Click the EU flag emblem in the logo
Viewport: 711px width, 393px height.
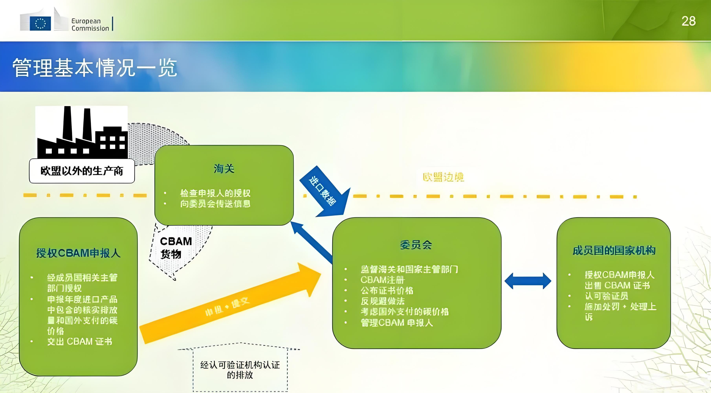coord(40,23)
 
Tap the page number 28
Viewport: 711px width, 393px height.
coord(688,21)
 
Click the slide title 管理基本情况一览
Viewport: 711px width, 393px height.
coord(94,68)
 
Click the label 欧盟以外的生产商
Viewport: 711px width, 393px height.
coord(82,171)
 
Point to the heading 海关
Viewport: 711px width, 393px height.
coord(224,168)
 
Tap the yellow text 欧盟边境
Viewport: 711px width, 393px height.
coord(443,177)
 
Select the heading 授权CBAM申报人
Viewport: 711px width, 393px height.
coord(78,253)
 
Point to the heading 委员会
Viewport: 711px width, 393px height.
coord(416,245)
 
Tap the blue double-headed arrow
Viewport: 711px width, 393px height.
coord(528,281)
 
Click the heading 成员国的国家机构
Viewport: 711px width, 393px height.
coord(614,251)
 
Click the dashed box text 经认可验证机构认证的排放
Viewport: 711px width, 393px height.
coord(240,370)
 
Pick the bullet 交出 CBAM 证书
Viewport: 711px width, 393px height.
coord(80,342)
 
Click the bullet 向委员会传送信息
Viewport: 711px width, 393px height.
coord(215,204)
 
